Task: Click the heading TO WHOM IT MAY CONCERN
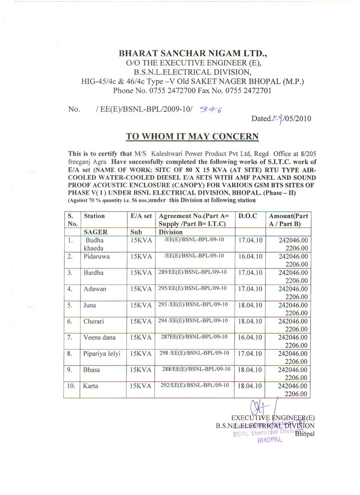192,136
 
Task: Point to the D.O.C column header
247,216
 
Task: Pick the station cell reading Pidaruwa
96,256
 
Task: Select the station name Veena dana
100,337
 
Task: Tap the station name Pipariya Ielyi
102,353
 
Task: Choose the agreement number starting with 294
193,321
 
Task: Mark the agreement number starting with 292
194,385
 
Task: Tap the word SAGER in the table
95,232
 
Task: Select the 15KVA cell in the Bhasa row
141,370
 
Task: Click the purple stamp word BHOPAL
269,441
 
